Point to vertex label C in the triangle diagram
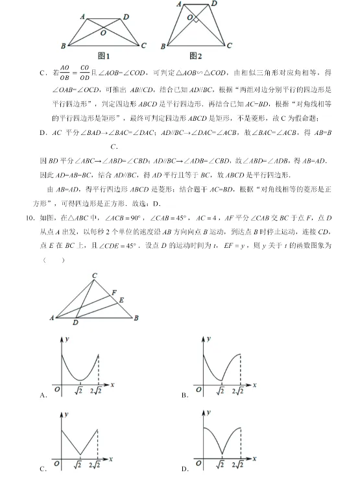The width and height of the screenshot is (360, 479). pyautogui.click(x=95, y=276)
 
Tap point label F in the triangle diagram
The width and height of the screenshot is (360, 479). pyautogui.click(x=114, y=293)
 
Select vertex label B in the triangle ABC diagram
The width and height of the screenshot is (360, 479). pyautogui.click(x=136, y=318)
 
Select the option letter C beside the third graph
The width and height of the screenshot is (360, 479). pyautogui.click(x=43, y=469)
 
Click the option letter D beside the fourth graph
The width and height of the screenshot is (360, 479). pyautogui.click(x=186, y=469)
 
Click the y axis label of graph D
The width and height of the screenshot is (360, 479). pyautogui.click(x=213, y=412)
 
